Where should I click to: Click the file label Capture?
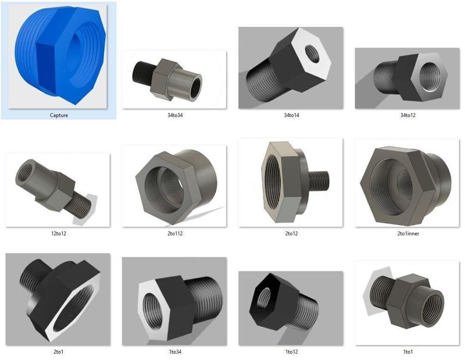[x=59, y=115]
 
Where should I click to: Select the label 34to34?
[x=175, y=115]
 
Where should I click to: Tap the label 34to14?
[x=291, y=115]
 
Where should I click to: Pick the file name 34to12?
[x=408, y=115]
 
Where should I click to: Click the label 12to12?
[x=59, y=234]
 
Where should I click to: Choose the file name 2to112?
[x=175, y=234]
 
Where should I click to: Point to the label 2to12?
[x=291, y=234]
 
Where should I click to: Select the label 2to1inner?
[x=408, y=234]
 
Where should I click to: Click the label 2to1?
[x=59, y=352]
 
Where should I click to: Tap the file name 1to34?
[x=175, y=352]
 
